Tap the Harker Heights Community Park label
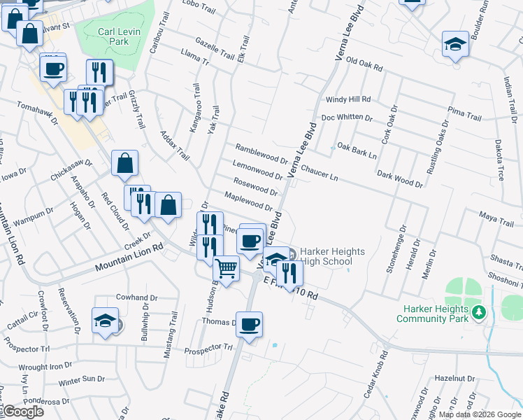coord(430,314)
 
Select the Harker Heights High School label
coord(326,256)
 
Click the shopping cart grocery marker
coord(226,267)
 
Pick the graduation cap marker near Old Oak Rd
coord(455,44)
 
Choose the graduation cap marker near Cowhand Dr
coord(105,321)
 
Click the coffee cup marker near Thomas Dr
coord(248,324)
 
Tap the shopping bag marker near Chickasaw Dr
coord(124,163)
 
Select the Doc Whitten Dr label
coord(347,118)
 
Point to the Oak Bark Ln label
coord(357,150)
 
